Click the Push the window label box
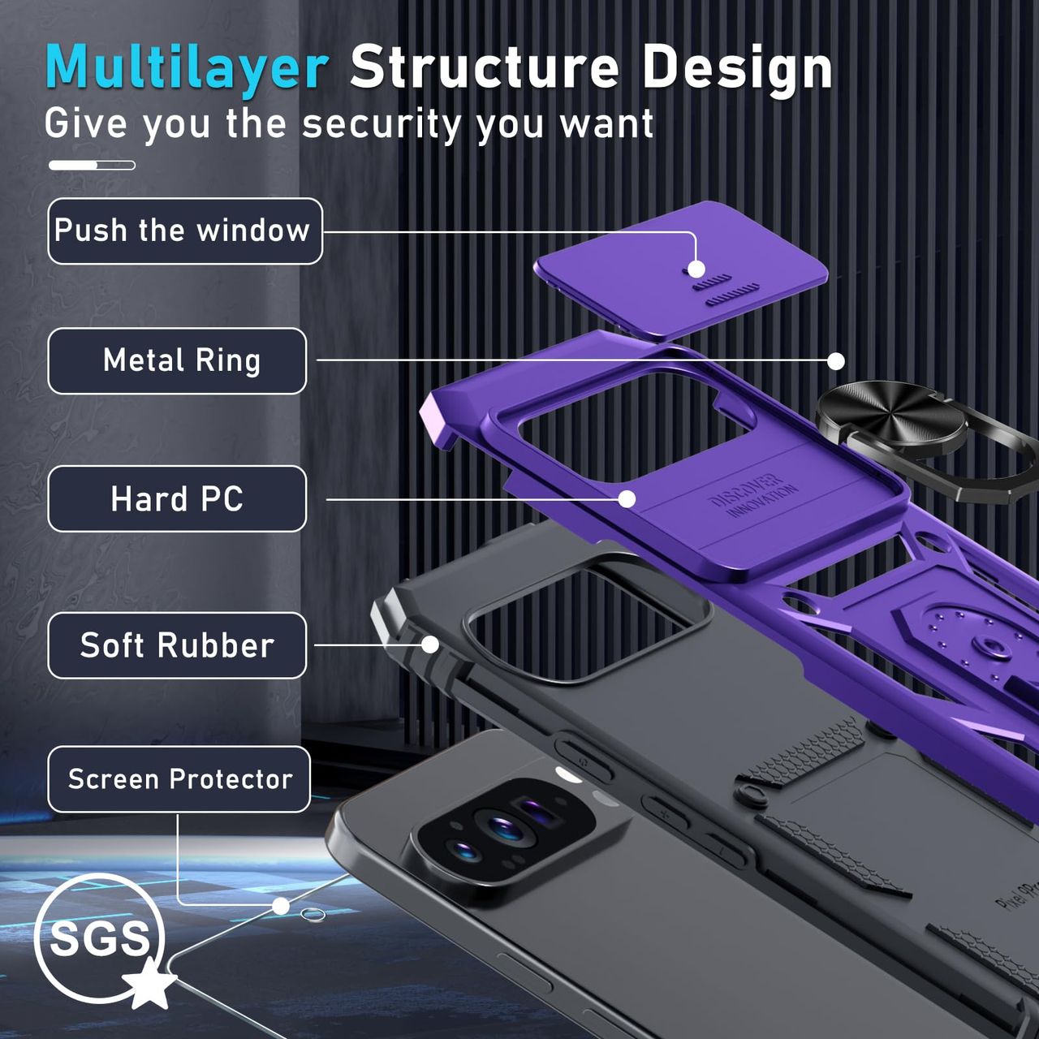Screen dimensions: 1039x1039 coord(184,231)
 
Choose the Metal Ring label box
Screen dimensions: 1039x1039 coord(177,361)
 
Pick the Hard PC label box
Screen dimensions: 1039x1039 coord(177,499)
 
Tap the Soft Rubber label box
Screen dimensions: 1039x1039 coord(177,645)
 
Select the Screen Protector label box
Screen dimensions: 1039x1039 coord(179,779)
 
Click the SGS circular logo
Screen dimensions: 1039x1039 coord(99,938)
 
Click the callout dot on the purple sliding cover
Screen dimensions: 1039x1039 coord(696,269)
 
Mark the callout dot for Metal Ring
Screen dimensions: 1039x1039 coord(836,361)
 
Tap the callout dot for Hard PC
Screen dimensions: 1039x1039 coord(627,498)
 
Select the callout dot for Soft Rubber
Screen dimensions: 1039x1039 coord(430,645)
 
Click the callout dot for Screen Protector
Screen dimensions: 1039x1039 coord(281,906)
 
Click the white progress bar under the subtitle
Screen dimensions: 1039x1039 coord(92,166)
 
